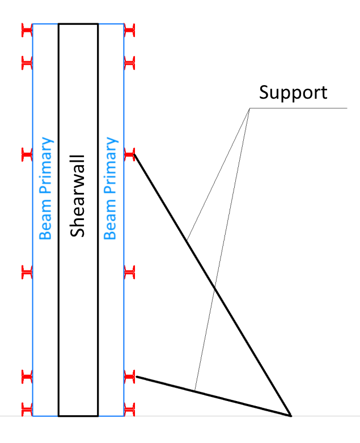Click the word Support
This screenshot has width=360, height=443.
(x=293, y=92)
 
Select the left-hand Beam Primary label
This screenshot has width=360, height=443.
(x=45, y=188)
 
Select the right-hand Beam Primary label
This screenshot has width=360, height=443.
(x=111, y=188)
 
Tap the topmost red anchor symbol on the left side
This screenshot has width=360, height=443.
(x=27, y=28)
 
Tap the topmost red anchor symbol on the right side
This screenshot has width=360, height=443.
(x=129, y=28)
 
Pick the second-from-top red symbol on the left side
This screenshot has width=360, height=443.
(x=27, y=62)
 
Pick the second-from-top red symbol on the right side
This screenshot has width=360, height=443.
(x=129, y=62)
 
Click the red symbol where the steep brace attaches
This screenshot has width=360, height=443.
(x=129, y=153)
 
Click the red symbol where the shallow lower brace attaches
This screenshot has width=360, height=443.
(x=129, y=375)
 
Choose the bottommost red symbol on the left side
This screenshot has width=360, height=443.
(x=27, y=407)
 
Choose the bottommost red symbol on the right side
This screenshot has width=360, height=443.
(x=129, y=407)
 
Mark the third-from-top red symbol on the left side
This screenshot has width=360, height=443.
(x=27, y=153)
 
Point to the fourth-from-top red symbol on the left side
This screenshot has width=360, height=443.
(x=27, y=273)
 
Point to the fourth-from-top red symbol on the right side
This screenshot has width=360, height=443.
(x=129, y=273)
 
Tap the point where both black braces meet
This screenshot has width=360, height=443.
(x=290, y=415)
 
